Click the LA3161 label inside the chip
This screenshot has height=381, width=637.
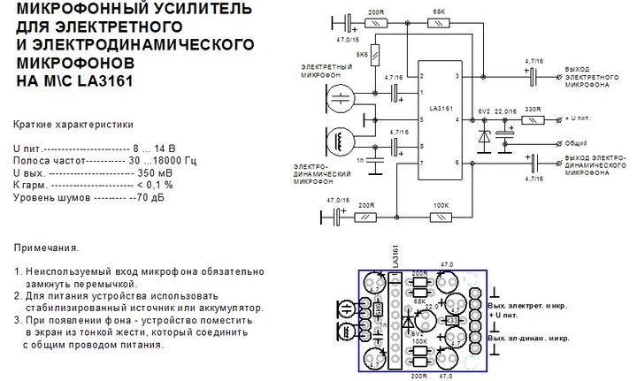point(439,110)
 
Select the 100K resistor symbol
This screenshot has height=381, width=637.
point(439,215)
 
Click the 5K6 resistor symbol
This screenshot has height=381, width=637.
point(375,54)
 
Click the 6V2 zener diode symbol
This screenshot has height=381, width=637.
point(483,138)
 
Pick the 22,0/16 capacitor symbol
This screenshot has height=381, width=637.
point(505,132)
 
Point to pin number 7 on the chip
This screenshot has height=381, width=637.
point(422,164)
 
